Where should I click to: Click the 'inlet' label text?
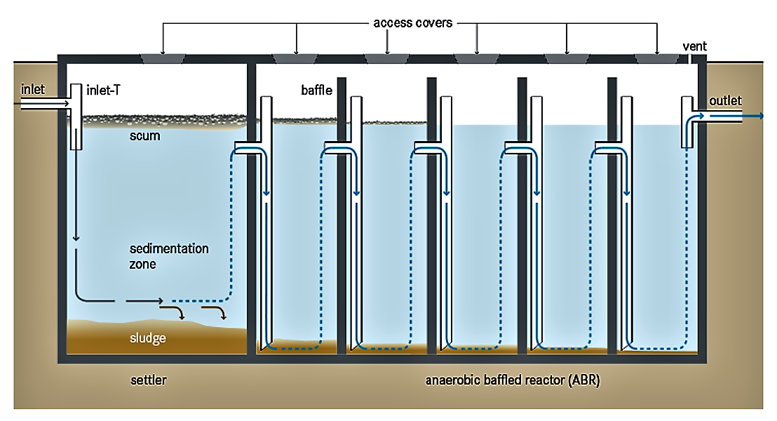33,89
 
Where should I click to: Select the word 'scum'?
144,135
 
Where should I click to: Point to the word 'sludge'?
147,338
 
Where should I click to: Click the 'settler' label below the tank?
149,381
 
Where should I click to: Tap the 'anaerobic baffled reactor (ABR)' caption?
513,381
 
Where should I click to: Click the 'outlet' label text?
725,101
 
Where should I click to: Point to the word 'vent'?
694,46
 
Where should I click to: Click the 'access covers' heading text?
412,22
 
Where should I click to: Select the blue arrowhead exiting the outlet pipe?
761,117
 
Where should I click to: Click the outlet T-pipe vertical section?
687,123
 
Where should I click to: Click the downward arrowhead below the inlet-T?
76,239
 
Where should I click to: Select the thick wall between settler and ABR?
251,210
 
